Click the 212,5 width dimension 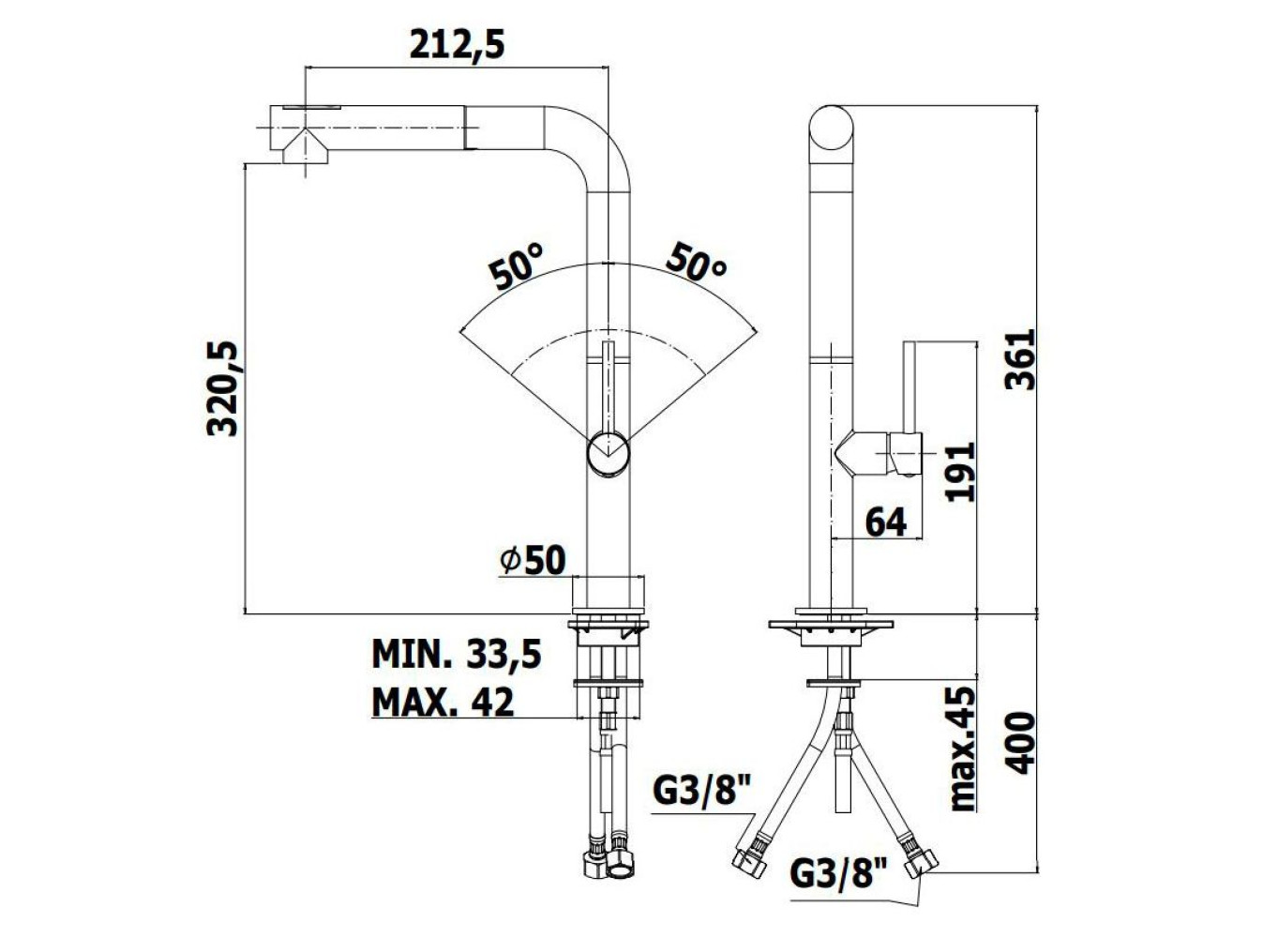(457, 45)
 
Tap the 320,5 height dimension (222, 388)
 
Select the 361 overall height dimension (1019, 358)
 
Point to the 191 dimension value (960, 471)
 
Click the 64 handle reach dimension (886, 522)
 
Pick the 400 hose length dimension (1019, 742)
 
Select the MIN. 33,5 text (457, 655)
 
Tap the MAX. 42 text (443, 702)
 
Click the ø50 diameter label (533, 561)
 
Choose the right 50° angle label (697, 262)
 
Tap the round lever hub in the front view (609, 454)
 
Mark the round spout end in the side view (832, 128)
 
